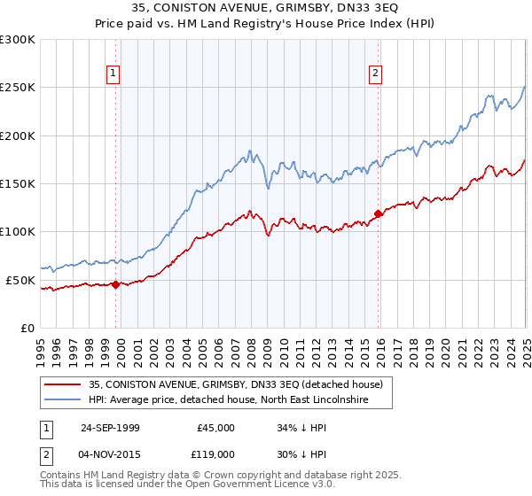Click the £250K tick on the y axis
pyautogui.click(x=18, y=88)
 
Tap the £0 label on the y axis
pyautogui.click(x=28, y=328)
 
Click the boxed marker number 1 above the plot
pyautogui.click(x=114, y=74)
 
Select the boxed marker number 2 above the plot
pyautogui.click(x=376, y=74)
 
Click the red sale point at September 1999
pyautogui.click(x=115, y=284)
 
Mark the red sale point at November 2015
pyautogui.click(x=378, y=213)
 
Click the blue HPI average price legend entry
pyautogui.click(x=239, y=400)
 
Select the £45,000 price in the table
pyautogui.click(x=215, y=427)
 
